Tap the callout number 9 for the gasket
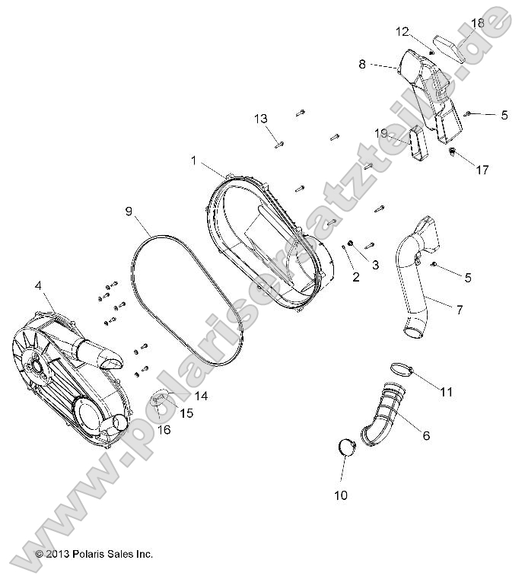(129, 211)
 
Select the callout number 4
(37, 287)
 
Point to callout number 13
(261, 119)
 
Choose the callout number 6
(447, 435)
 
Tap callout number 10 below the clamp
(340, 495)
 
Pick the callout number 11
(446, 392)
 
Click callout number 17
(482, 170)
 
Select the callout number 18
(477, 24)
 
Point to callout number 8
(362, 65)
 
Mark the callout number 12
(402, 31)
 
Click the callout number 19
(381, 133)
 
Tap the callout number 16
(164, 430)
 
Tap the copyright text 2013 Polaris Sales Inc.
(94, 554)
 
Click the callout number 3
(375, 264)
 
